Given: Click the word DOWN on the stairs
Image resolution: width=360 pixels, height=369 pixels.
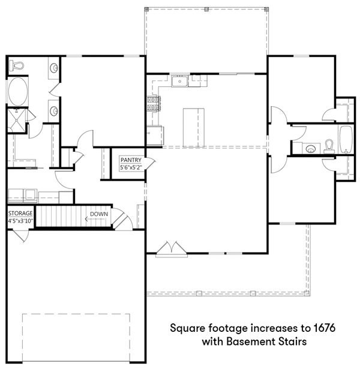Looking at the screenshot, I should point(98,214).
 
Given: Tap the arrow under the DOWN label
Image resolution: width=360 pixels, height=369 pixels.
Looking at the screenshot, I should point(94,220).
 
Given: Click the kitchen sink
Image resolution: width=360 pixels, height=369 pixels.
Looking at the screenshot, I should point(179,82).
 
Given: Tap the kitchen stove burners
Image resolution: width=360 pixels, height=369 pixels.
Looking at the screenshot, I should point(151,104).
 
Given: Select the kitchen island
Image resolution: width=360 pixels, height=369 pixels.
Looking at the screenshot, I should point(193,127).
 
